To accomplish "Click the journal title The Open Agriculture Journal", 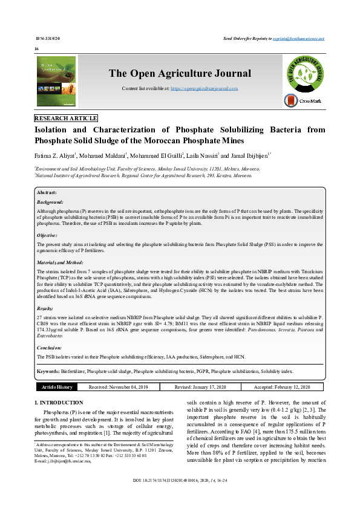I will pos(180,74).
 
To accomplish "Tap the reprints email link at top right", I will pos(307,38).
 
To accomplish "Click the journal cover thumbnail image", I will pos(56,81).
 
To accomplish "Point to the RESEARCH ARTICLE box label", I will pos(66,118).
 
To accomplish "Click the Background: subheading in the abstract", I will pos(50,201).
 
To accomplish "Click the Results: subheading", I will pos(45,308).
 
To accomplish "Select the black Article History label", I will pos(57,387).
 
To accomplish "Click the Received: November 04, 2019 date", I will pos(122,387).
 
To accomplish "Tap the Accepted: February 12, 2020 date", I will pos(281,387).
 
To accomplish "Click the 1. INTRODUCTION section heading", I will pos(59,403).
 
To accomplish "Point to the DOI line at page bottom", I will pos(180,497).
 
